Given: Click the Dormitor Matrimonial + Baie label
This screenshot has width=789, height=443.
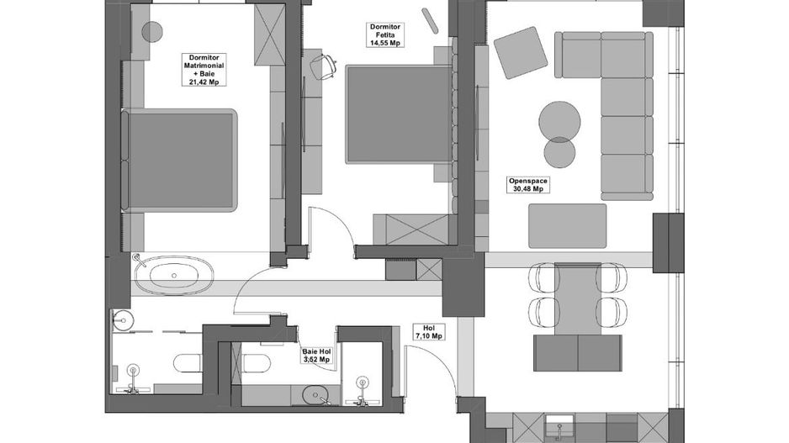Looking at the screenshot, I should pos(203,70).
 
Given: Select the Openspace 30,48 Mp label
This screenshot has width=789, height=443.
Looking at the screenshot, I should pos(527,184).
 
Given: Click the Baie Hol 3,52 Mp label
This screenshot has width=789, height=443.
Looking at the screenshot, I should pos(316,357).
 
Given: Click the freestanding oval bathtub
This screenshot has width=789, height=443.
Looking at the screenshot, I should pos(175,276).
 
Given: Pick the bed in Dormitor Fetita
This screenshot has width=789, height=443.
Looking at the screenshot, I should pos(396,113).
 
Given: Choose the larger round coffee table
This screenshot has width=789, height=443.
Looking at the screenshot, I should pos(559,119).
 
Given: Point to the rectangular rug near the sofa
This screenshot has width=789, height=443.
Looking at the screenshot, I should pos(567,226).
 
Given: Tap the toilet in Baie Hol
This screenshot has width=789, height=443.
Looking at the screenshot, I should pos(256,362).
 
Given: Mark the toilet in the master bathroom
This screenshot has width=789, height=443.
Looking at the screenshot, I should pos(187,362).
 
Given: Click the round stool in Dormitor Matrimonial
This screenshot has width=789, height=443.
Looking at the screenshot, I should pos(151,32).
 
